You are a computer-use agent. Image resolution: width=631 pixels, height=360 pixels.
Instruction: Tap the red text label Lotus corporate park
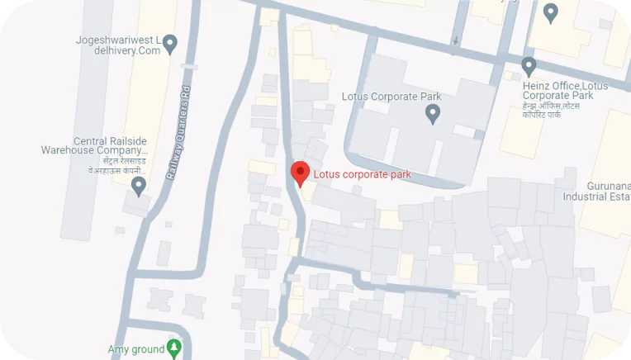coord(362,174)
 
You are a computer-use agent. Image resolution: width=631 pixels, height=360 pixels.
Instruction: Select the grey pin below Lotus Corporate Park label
coord(431,115)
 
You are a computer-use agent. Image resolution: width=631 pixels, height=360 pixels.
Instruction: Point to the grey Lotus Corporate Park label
coord(391,97)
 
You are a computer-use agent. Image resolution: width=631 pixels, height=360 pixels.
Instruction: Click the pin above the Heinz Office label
coord(529,65)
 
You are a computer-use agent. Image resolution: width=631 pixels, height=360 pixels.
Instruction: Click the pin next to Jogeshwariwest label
coord(171,42)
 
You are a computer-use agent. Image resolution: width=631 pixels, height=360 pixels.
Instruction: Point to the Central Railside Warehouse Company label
coord(94,146)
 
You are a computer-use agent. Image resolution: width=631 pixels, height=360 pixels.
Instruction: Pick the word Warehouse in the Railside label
coord(69,151)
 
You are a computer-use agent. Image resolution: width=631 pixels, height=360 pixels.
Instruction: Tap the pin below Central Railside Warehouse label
coord(139,185)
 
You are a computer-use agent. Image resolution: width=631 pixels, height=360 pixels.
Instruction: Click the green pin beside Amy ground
coord(173,348)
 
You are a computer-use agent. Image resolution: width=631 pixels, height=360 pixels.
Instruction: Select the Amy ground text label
coord(136,350)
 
